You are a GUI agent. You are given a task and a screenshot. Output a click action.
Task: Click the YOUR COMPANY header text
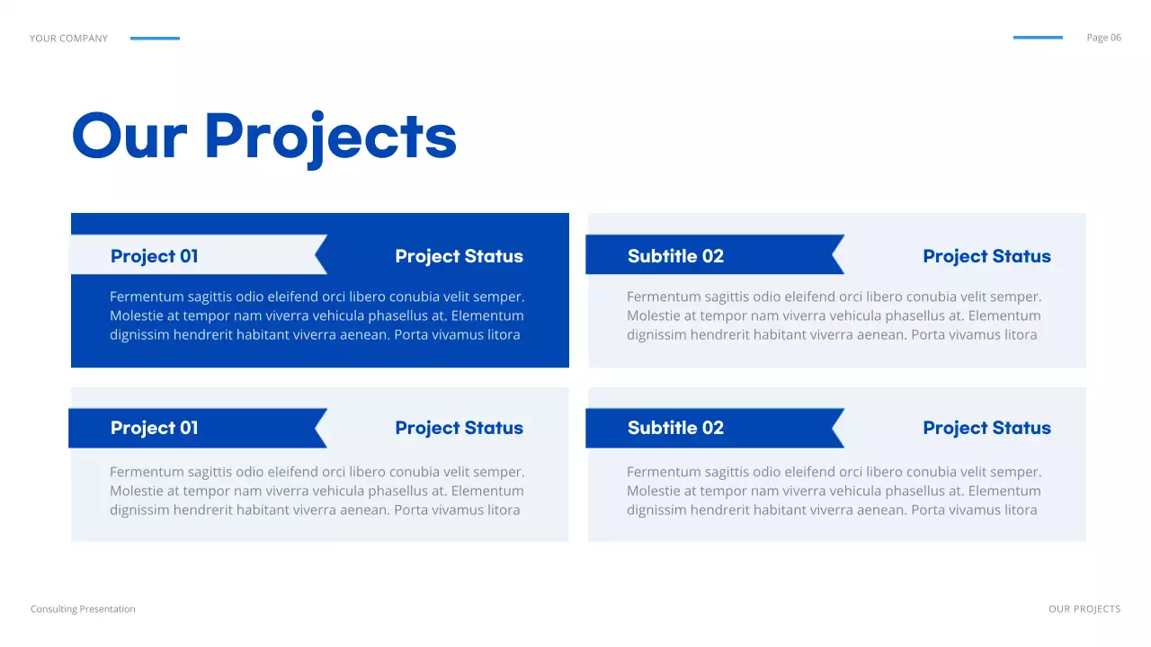[68, 39]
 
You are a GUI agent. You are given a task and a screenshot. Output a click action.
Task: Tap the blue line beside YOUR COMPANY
[155, 39]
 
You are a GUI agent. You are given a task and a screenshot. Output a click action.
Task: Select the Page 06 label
[1103, 38]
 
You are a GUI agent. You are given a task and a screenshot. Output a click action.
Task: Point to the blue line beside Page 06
[1038, 38]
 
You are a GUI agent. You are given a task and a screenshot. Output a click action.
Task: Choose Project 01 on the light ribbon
[154, 256]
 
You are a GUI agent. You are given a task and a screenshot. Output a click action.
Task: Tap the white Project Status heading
[459, 256]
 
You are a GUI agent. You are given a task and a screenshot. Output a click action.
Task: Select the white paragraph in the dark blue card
[317, 315]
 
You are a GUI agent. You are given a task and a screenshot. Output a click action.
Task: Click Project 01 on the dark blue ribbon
[154, 428]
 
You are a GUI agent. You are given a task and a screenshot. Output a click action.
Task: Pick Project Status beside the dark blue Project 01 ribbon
[459, 428]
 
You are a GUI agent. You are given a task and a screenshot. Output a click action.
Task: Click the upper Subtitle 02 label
[675, 256]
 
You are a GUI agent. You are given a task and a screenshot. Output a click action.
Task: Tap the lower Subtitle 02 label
[675, 428]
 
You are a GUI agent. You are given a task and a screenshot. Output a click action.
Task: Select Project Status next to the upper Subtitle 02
[986, 256]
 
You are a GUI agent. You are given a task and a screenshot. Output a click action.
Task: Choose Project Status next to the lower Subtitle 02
[986, 428]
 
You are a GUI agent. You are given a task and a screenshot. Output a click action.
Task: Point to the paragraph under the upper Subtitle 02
[834, 315]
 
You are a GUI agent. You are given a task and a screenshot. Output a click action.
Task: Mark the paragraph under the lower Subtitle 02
[834, 491]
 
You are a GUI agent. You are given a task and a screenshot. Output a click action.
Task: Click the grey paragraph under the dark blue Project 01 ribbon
[317, 491]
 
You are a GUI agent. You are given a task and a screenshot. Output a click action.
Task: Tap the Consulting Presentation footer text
[83, 609]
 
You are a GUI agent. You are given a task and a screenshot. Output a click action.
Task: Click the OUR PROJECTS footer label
[1084, 609]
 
